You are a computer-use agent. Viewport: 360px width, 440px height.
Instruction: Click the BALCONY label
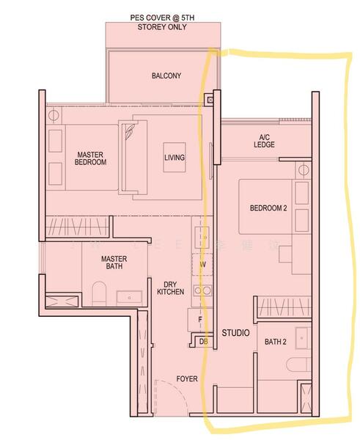pyautogui.click(x=166, y=76)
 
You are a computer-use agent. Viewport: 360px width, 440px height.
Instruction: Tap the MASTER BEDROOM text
pyautogui.click(x=92, y=158)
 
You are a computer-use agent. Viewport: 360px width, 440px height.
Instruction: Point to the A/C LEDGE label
pyautogui.click(x=265, y=141)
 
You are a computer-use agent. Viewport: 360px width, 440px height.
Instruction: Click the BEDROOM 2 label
pyautogui.click(x=268, y=208)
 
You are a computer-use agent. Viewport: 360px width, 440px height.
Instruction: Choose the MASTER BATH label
pyautogui.click(x=115, y=263)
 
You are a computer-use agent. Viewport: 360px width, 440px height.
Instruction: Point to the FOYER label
pyautogui.click(x=187, y=378)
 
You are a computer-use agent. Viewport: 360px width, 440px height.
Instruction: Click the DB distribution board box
pyautogui.click(x=203, y=341)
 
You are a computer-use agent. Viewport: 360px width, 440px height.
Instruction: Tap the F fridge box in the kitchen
pyautogui.click(x=199, y=320)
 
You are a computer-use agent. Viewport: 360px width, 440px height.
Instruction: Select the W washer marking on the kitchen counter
pyautogui.click(x=202, y=264)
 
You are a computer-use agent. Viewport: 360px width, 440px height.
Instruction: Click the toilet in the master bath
pyautogui.click(x=99, y=296)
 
